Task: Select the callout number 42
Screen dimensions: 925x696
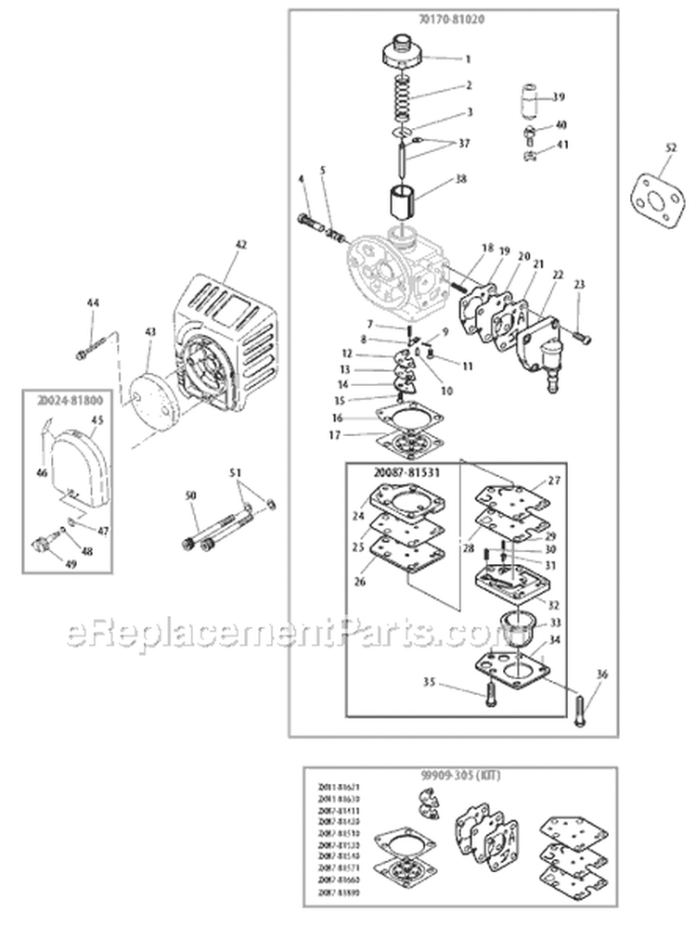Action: point(241,245)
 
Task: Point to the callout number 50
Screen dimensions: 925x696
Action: point(191,498)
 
